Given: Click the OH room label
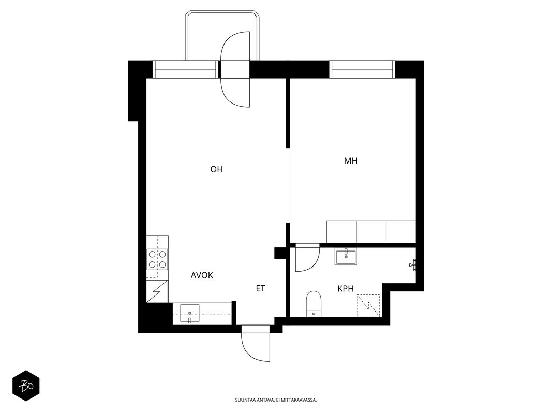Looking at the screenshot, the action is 216,169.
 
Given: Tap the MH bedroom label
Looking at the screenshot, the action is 351,161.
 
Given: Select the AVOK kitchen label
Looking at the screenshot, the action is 202,275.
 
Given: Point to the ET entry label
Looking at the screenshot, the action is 260,289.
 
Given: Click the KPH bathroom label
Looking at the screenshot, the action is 346,289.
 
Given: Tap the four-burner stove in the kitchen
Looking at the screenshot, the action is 157,259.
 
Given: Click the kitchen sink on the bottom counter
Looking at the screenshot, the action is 190,313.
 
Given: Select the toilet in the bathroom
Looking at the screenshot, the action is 314,304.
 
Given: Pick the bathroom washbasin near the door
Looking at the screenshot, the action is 346,256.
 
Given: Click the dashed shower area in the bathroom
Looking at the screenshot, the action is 368,305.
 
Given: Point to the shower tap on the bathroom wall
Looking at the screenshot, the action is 413,264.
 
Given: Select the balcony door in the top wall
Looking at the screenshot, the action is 235,69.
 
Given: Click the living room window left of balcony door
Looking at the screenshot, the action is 186,69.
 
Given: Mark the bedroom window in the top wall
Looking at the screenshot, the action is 362,69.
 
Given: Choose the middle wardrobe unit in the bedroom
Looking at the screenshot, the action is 371,232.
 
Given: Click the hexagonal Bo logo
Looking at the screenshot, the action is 26,386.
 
